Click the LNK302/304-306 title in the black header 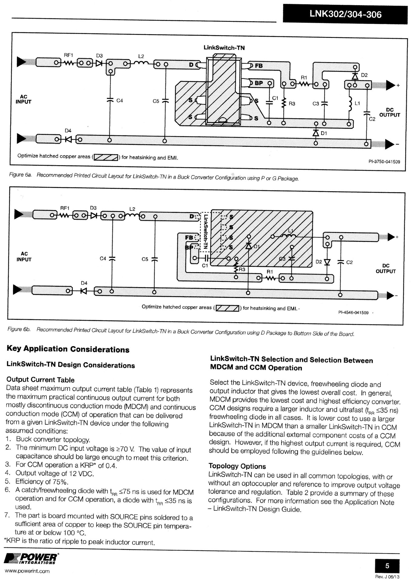click(345, 14)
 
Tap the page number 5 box click(387, 565)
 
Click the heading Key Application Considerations click(68, 349)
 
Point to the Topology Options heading click(237, 466)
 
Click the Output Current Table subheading click(40, 380)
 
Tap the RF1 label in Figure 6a click(68, 55)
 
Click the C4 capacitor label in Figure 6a click(120, 100)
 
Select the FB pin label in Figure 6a click(259, 66)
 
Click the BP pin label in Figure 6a click(259, 83)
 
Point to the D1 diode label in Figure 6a click(324, 133)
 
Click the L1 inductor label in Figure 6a click(357, 103)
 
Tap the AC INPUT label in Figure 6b click(24, 256)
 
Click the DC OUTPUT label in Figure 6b click(386, 268)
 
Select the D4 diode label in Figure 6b click(84, 283)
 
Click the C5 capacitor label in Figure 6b click(145, 259)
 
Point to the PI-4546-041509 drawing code click(353, 313)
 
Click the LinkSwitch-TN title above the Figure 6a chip click(224, 48)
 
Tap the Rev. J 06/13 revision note click(387, 577)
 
